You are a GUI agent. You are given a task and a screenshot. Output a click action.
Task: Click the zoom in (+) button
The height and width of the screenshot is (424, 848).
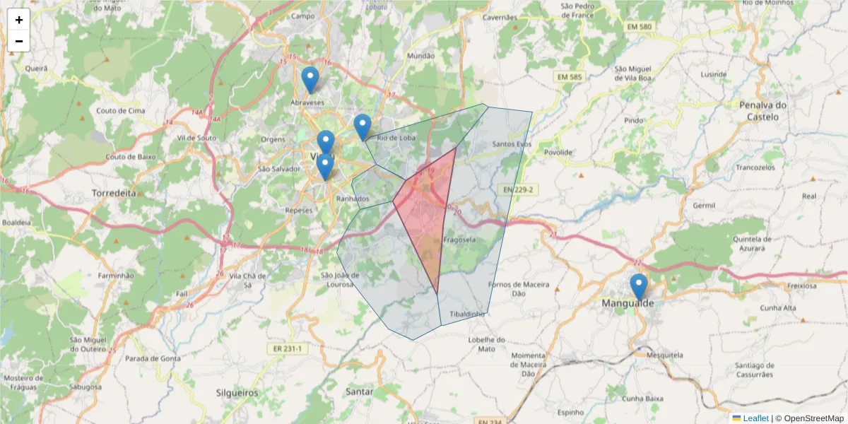[x=19, y=20]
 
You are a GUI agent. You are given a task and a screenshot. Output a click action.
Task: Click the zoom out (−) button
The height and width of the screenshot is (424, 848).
[x=19, y=41]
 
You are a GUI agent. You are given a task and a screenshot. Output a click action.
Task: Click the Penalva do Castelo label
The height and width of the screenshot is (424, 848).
[x=762, y=110]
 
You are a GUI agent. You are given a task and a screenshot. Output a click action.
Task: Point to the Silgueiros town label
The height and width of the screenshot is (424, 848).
[x=237, y=392]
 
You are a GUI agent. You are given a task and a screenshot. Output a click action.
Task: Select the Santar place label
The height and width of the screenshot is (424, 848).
[x=360, y=391]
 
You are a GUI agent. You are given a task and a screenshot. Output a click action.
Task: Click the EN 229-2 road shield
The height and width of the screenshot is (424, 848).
[x=518, y=189]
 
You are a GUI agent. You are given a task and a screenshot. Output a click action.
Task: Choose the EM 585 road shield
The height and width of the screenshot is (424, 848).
[x=570, y=76]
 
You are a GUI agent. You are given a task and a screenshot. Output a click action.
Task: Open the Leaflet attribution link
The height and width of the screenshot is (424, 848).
[x=755, y=418]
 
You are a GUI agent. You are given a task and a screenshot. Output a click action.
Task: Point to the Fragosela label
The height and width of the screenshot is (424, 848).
[x=459, y=240]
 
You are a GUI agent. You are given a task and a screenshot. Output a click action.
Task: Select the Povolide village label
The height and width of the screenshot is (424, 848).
[x=558, y=152]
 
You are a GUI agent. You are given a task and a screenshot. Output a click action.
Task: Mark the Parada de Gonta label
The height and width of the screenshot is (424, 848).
[x=152, y=358]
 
